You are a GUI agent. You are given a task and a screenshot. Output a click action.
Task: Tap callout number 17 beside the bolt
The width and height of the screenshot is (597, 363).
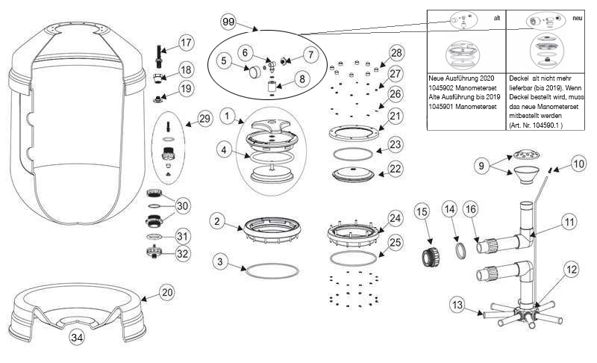tap(185, 43)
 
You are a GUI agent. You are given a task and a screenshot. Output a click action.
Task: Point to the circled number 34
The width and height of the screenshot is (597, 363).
tap(77, 338)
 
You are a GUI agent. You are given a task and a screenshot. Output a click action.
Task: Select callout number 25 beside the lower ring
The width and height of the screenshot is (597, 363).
tap(396, 242)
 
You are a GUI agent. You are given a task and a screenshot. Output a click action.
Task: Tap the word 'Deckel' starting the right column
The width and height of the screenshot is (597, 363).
tap(520, 77)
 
